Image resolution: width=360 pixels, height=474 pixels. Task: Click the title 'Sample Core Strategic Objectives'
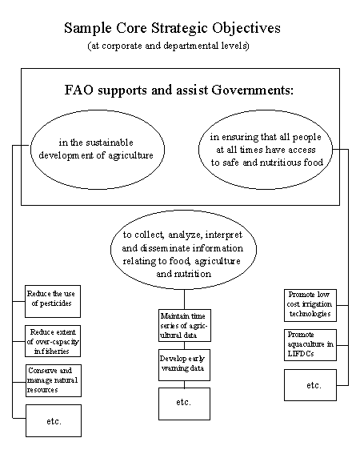click(172, 29)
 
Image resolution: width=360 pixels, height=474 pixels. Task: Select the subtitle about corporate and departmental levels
click(169, 46)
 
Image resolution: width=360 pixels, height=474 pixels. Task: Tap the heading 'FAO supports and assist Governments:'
click(178, 90)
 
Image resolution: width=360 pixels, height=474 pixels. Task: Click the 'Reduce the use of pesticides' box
click(53, 301)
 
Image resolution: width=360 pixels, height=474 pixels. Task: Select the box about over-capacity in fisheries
click(53, 341)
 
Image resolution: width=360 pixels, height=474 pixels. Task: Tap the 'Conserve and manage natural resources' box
click(54, 380)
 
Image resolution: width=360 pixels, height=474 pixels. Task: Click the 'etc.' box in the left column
click(54, 421)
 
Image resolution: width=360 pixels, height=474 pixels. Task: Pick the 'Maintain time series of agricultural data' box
click(185, 325)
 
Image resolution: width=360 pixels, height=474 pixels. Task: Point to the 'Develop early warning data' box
click(184, 365)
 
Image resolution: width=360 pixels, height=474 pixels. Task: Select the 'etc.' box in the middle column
click(184, 404)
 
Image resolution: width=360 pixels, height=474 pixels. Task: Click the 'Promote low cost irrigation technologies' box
click(310, 305)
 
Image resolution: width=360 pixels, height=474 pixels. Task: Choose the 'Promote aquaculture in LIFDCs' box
click(310, 345)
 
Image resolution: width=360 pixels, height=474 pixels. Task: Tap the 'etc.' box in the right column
click(310, 385)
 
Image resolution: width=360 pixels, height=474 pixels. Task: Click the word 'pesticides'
click(52, 303)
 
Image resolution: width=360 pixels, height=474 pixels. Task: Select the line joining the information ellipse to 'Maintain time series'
click(184, 299)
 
